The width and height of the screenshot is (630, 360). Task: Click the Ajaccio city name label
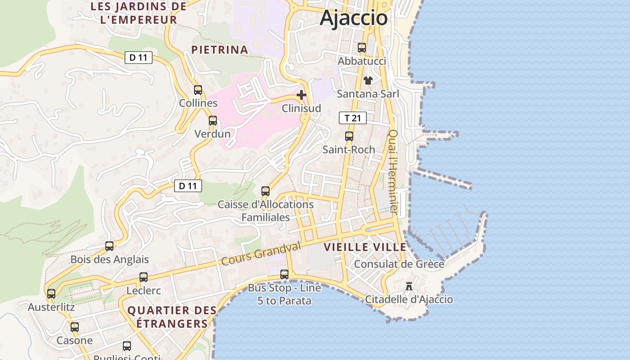(x=354, y=18)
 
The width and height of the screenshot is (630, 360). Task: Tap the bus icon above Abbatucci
(x=362, y=47)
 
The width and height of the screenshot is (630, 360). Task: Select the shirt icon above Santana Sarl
(x=368, y=81)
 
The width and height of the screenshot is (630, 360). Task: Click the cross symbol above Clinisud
(x=301, y=95)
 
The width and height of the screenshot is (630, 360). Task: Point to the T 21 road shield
(x=353, y=118)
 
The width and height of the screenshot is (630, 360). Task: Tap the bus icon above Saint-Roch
(x=349, y=136)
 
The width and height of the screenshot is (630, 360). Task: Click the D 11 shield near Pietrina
(x=139, y=58)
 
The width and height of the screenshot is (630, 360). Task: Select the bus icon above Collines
(x=198, y=90)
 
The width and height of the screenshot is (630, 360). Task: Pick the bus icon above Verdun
(x=213, y=121)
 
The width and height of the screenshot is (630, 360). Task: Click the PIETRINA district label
(x=220, y=50)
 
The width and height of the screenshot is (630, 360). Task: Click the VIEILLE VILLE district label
(x=365, y=247)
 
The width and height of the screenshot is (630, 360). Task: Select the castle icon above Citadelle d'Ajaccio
(x=409, y=286)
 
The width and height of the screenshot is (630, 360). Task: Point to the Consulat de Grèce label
(x=399, y=264)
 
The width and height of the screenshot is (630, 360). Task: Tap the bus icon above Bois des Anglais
(x=109, y=246)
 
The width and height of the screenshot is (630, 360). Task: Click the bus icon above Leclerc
(x=144, y=277)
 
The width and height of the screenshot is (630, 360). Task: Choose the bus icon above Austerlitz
(x=51, y=294)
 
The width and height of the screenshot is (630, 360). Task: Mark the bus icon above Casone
(x=75, y=327)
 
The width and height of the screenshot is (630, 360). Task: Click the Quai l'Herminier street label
(x=393, y=172)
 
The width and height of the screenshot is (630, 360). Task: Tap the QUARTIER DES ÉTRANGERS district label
(x=172, y=317)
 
